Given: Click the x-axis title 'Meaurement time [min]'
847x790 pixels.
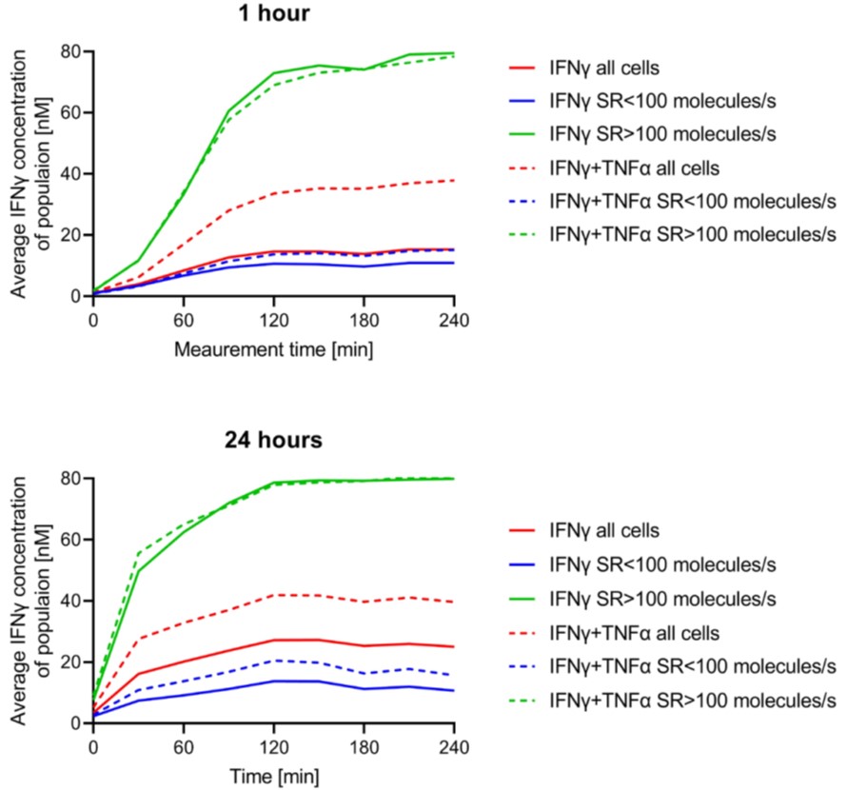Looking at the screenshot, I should (273, 350).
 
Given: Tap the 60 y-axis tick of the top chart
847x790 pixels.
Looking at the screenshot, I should (69, 112).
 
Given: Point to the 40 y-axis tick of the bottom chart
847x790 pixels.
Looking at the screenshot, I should (69, 601).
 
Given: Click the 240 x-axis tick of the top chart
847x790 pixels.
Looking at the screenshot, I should (453, 318).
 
